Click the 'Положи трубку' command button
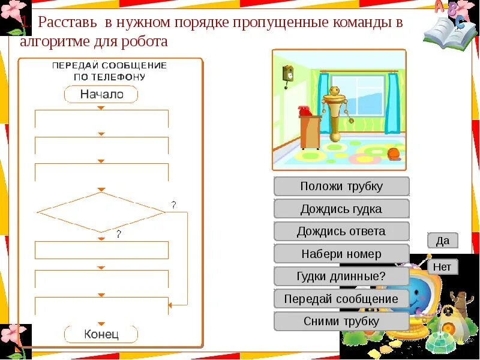pos(341,186)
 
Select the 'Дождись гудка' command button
pos(341,209)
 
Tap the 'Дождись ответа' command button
pos(341,231)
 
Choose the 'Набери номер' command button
pos(341,254)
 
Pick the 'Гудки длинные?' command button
pos(341,276)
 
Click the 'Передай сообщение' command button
pos(341,299)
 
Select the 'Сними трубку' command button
pos(341,321)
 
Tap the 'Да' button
pos(442,241)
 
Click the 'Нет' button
pos(442,266)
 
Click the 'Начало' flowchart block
pos(101,94)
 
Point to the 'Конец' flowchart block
pos(101,334)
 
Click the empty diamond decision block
pos(101,212)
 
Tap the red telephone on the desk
pos(305,110)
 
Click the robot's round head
pos(334,91)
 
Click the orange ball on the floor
pos(394,155)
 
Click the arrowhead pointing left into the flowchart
pos(170,305)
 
